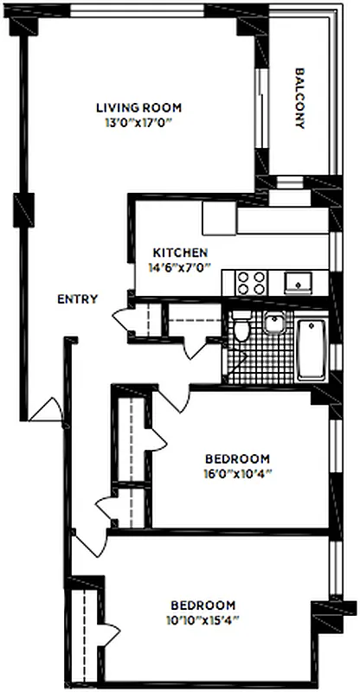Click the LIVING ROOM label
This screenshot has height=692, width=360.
(138, 108)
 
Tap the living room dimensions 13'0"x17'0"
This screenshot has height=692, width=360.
(138, 122)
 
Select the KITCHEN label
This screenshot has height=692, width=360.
(179, 253)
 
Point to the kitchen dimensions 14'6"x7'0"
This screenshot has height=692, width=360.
(179, 266)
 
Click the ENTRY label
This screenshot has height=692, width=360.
(77, 299)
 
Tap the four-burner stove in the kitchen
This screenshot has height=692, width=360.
(252, 283)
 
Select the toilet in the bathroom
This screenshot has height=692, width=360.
(242, 328)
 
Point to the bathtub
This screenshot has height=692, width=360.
(311, 349)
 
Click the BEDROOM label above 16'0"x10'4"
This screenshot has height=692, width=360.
(237, 458)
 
